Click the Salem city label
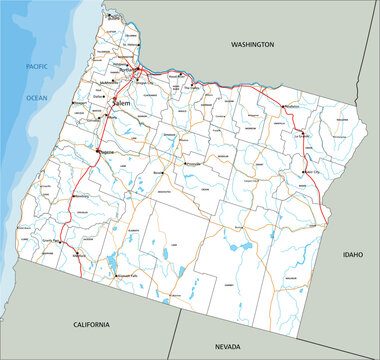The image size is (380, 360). (x=121, y=103)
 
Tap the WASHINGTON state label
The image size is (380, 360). (x=251, y=45)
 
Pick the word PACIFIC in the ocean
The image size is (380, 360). (x=38, y=66)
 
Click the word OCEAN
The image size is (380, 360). (x=37, y=97)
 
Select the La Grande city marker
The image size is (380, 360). (x=299, y=136)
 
